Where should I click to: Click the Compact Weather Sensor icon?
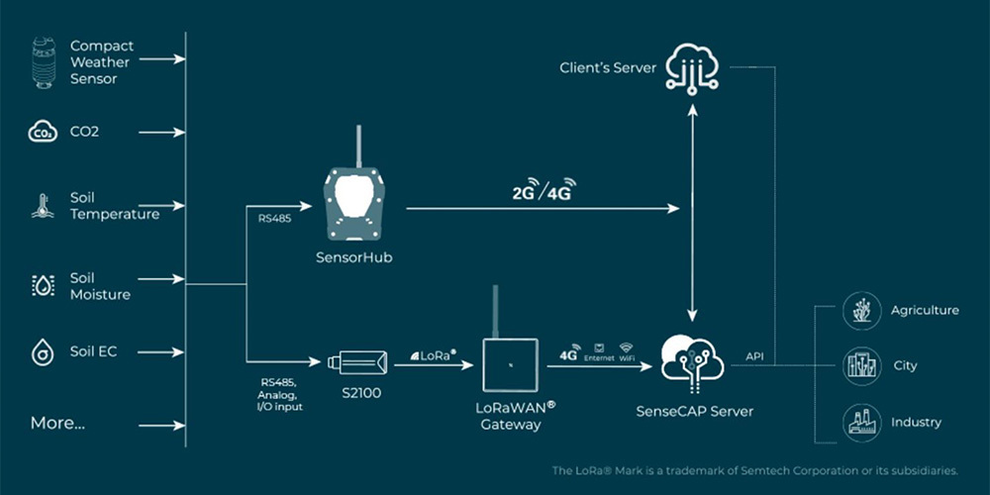coord(43,61)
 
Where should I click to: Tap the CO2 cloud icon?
coord(43,132)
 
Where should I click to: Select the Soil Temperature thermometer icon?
coord(43,206)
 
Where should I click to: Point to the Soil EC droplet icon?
coord(43,351)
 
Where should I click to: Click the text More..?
coord(57,423)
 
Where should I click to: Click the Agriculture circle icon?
coord(859,310)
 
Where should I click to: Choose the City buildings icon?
coord(859,365)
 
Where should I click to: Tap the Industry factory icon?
coord(859,422)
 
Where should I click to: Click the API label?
coord(754,352)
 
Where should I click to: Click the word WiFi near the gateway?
coord(626,357)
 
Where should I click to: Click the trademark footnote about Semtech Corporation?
coord(754,470)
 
